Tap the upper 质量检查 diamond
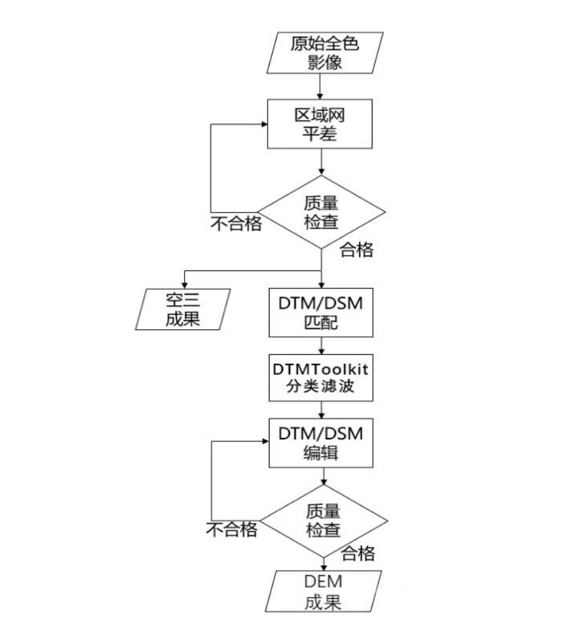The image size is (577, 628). (321, 212)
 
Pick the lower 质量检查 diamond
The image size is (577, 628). (323, 520)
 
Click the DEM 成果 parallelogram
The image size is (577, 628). (323, 592)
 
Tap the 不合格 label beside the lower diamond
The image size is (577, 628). (232, 530)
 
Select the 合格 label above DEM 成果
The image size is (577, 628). (358, 553)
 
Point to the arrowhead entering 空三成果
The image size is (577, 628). (186, 283)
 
